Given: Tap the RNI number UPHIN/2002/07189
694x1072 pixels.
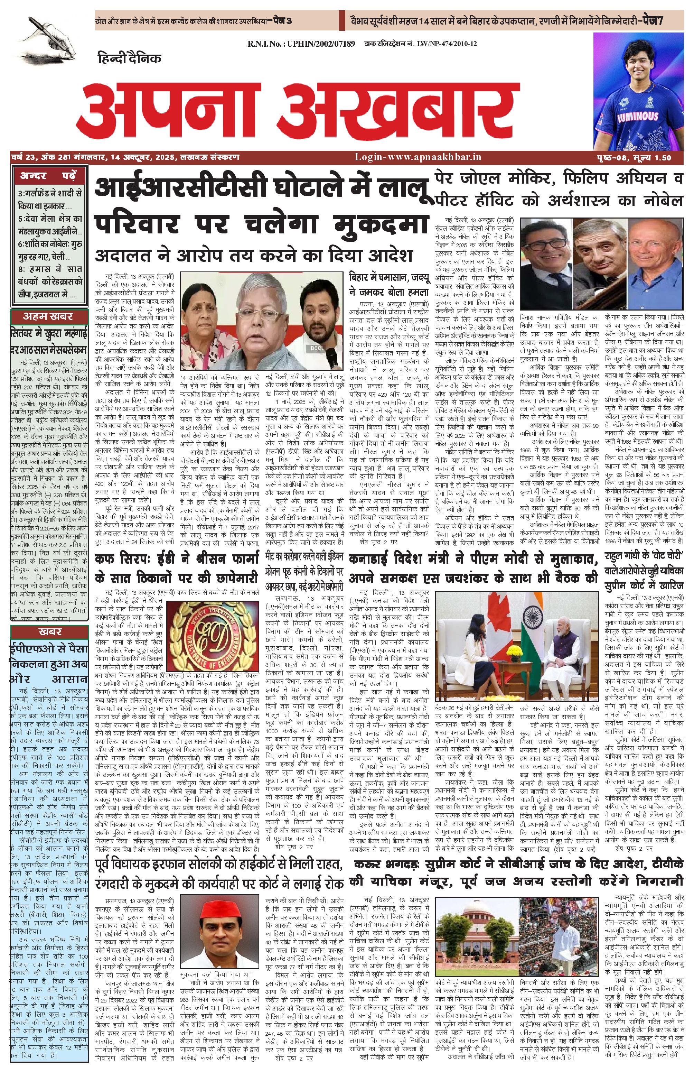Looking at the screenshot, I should (x=301, y=44).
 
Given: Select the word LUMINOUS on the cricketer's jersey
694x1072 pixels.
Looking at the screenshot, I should (x=638, y=116).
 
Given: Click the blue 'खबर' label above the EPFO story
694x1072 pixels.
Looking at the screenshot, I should (x=49, y=631).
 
